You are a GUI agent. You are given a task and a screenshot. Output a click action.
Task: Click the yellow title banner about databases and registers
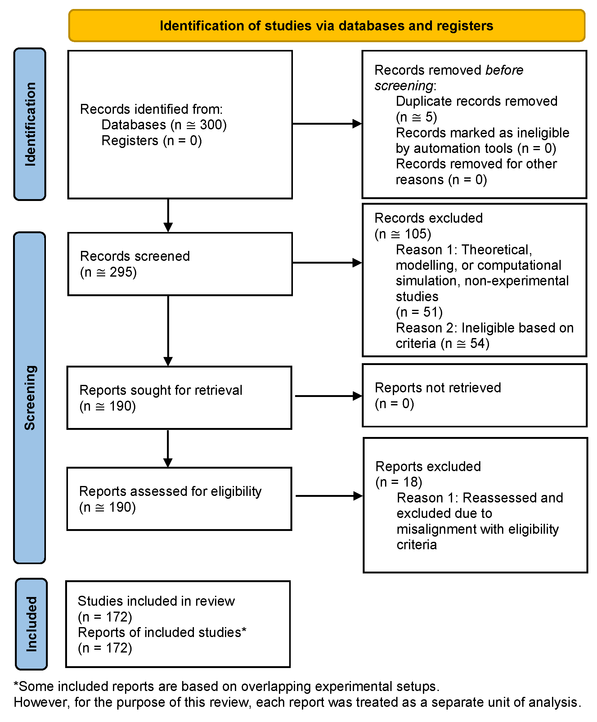point(326,26)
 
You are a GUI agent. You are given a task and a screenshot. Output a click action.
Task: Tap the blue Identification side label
point(30,124)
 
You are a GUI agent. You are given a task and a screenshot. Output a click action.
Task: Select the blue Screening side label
point(30,397)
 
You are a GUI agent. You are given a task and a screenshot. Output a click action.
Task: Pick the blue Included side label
point(31,624)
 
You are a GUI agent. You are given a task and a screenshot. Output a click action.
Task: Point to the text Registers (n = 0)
point(151,140)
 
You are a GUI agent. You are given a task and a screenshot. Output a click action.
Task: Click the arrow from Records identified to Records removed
point(327,124)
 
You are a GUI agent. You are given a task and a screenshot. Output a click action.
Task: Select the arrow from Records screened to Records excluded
point(327,263)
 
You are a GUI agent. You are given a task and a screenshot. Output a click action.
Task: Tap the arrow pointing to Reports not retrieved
point(328,396)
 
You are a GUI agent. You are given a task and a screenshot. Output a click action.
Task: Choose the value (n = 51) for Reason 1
point(419,312)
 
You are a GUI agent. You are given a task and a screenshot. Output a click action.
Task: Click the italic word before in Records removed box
point(504,70)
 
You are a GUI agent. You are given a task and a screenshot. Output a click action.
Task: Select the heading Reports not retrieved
point(438,388)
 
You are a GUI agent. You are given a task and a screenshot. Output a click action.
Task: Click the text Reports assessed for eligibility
point(170,492)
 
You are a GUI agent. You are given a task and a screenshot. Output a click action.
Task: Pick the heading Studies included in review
point(156,601)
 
